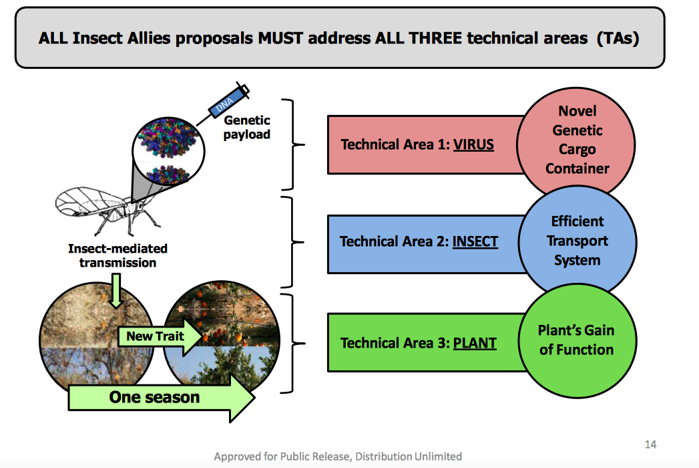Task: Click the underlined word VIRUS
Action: tap(473, 144)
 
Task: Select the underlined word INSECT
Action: tap(475, 241)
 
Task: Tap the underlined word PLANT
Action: tap(475, 342)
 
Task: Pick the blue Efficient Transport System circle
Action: tap(577, 241)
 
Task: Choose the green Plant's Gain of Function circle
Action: tap(577, 340)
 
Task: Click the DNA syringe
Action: tap(223, 104)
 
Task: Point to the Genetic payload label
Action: tap(246, 127)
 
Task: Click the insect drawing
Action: tap(107, 210)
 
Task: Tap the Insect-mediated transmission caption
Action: tap(118, 255)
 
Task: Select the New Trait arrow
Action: tap(160, 336)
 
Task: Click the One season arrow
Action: tap(162, 397)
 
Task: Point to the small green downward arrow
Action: tap(116, 291)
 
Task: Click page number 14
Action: tap(650, 445)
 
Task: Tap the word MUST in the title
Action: tap(280, 38)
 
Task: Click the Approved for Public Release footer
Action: tap(338, 457)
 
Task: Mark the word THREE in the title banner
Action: tap(435, 38)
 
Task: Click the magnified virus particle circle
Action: tap(168, 150)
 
